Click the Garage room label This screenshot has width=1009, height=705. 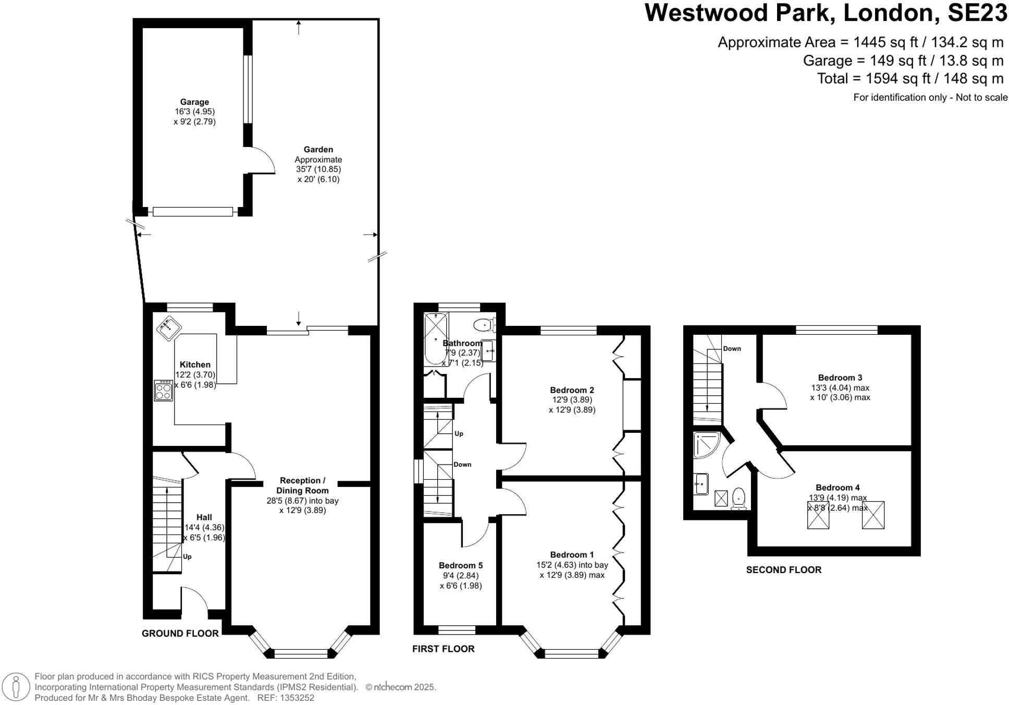(194, 102)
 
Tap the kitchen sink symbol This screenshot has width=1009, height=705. (168, 328)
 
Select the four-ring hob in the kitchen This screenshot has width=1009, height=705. (163, 391)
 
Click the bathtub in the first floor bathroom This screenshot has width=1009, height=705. (436, 338)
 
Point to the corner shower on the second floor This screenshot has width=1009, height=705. (706, 444)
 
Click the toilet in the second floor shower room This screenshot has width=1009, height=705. (739, 497)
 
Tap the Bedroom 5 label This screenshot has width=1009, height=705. (460, 565)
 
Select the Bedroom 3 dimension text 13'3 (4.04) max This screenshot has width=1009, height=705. (840, 387)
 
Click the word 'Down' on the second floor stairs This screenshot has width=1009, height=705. (732, 348)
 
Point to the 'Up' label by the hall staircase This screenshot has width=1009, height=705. (187, 556)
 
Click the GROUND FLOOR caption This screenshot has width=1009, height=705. (180, 633)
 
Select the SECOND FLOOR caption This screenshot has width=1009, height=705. (783, 570)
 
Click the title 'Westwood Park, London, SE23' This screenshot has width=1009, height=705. (826, 13)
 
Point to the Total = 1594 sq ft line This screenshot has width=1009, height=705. (909, 79)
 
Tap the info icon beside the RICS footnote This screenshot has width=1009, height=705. (16, 686)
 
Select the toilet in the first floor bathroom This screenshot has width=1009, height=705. (484, 325)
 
